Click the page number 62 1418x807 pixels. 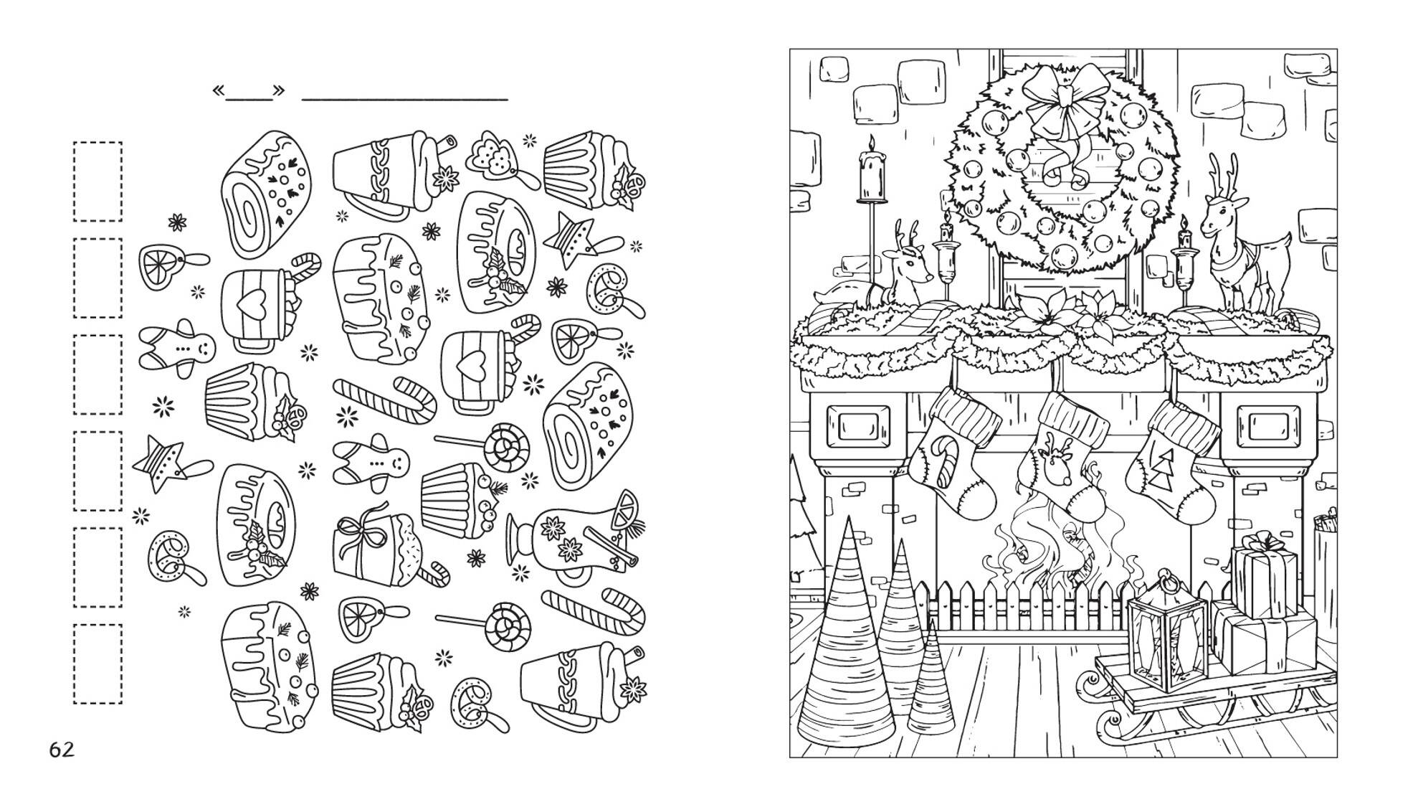pos(62,750)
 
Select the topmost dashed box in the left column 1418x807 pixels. pos(97,181)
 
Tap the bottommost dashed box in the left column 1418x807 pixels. pos(97,664)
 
